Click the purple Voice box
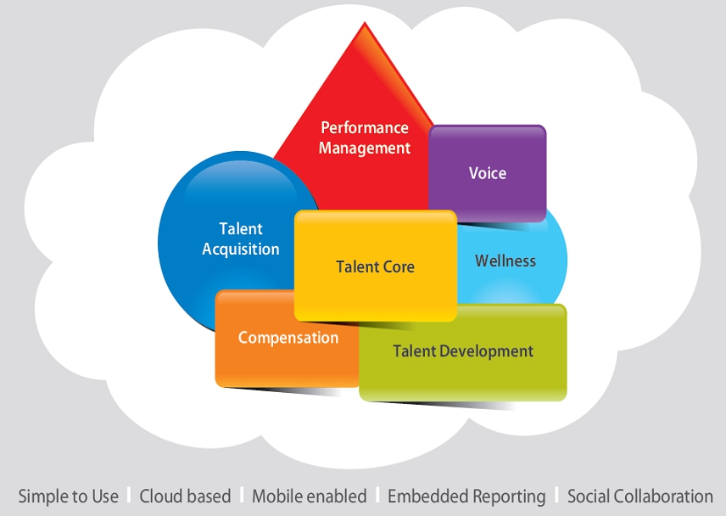[x=488, y=173]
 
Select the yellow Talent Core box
[x=376, y=266]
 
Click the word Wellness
[x=505, y=261]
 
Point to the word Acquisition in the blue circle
[x=241, y=250]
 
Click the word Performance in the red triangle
[x=365, y=127]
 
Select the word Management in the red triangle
[x=365, y=149]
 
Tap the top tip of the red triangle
[x=365, y=22]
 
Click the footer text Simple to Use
[x=68, y=496]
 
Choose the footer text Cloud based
[x=185, y=496]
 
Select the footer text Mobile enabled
[x=310, y=496]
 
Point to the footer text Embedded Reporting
[x=466, y=496]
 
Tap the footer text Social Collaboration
[x=640, y=496]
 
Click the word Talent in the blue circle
[x=241, y=228]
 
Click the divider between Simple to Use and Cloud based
[x=129, y=495]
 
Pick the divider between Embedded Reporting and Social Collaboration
[x=557, y=495]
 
